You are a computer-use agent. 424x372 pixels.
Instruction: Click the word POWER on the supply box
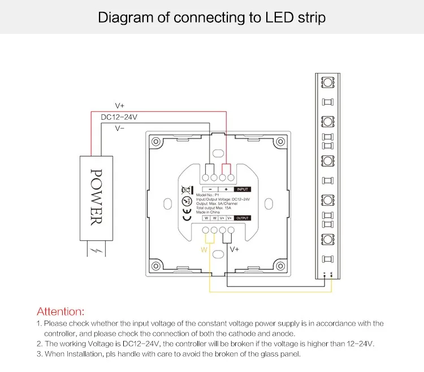click(x=96, y=197)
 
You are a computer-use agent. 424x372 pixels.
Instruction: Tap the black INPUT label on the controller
click(x=242, y=190)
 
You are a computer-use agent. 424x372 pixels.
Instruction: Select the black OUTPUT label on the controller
click(x=242, y=218)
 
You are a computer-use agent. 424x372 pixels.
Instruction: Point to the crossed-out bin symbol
click(x=184, y=190)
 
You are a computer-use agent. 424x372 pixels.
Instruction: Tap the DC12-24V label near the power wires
click(x=119, y=117)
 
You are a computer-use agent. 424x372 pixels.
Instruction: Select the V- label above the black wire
click(x=120, y=128)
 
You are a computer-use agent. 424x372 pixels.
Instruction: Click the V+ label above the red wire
click(x=120, y=106)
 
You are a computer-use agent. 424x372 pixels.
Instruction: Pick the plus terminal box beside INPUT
click(x=226, y=190)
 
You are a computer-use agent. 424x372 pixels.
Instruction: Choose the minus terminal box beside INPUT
click(x=210, y=190)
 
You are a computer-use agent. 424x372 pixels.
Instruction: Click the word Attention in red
click(x=60, y=312)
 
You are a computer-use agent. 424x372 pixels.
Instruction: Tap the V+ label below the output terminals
click(x=234, y=248)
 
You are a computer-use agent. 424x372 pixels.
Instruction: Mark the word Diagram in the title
click(x=126, y=18)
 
